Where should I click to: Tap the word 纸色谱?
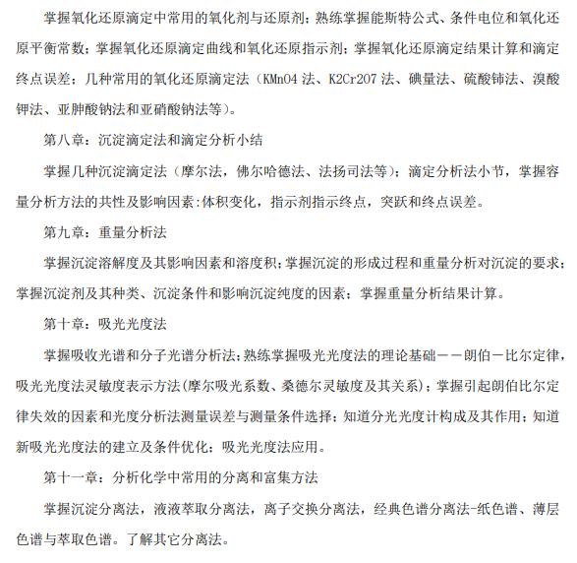(x=487, y=509)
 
